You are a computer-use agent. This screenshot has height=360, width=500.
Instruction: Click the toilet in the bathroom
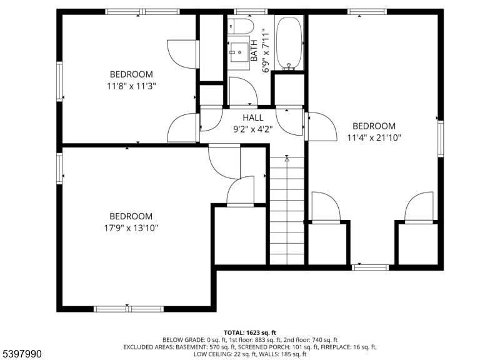(x=239, y=26)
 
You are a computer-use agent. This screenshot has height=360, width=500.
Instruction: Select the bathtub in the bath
(x=289, y=42)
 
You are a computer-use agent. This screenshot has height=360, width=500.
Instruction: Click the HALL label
(x=253, y=117)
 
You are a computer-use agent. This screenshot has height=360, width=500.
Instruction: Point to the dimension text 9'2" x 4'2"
(x=253, y=130)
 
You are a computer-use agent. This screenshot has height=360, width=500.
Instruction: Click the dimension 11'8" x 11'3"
(x=131, y=86)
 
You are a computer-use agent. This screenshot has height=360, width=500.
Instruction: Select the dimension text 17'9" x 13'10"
(x=131, y=228)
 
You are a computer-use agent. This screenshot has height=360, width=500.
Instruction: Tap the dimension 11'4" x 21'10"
(x=374, y=137)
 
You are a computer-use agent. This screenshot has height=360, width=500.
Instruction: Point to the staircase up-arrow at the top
(x=287, y=159)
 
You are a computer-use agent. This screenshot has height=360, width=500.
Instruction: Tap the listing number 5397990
(x=22, y=354)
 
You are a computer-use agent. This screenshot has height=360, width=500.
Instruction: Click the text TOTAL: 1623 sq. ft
(x=250, y=332)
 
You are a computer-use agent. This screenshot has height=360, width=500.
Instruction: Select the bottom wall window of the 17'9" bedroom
(x=129, y=308)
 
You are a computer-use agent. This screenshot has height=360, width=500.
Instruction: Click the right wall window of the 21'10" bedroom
(x=440, y=138)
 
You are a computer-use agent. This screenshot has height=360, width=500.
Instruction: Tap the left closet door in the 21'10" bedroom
(x=325, y=208)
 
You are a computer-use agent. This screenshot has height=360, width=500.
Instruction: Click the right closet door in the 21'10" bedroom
(x=419, y=208)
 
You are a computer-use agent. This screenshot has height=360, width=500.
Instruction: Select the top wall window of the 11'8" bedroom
(x=134, y=11)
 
